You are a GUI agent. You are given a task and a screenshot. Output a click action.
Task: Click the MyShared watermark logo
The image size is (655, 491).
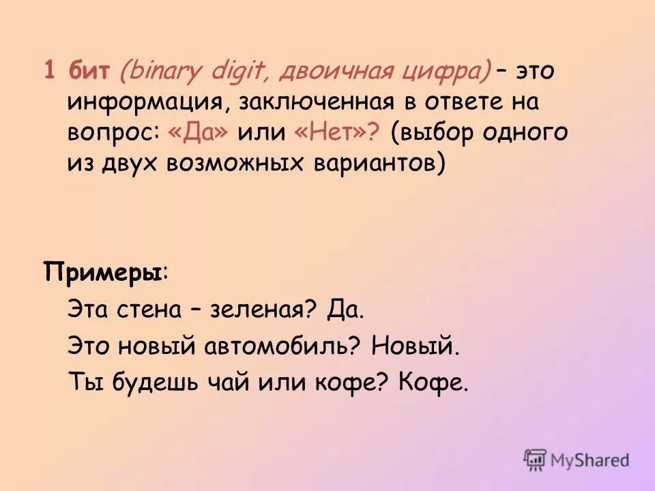click(576, 460)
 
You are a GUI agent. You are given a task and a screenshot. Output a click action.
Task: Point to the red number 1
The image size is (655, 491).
click(49, 71)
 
